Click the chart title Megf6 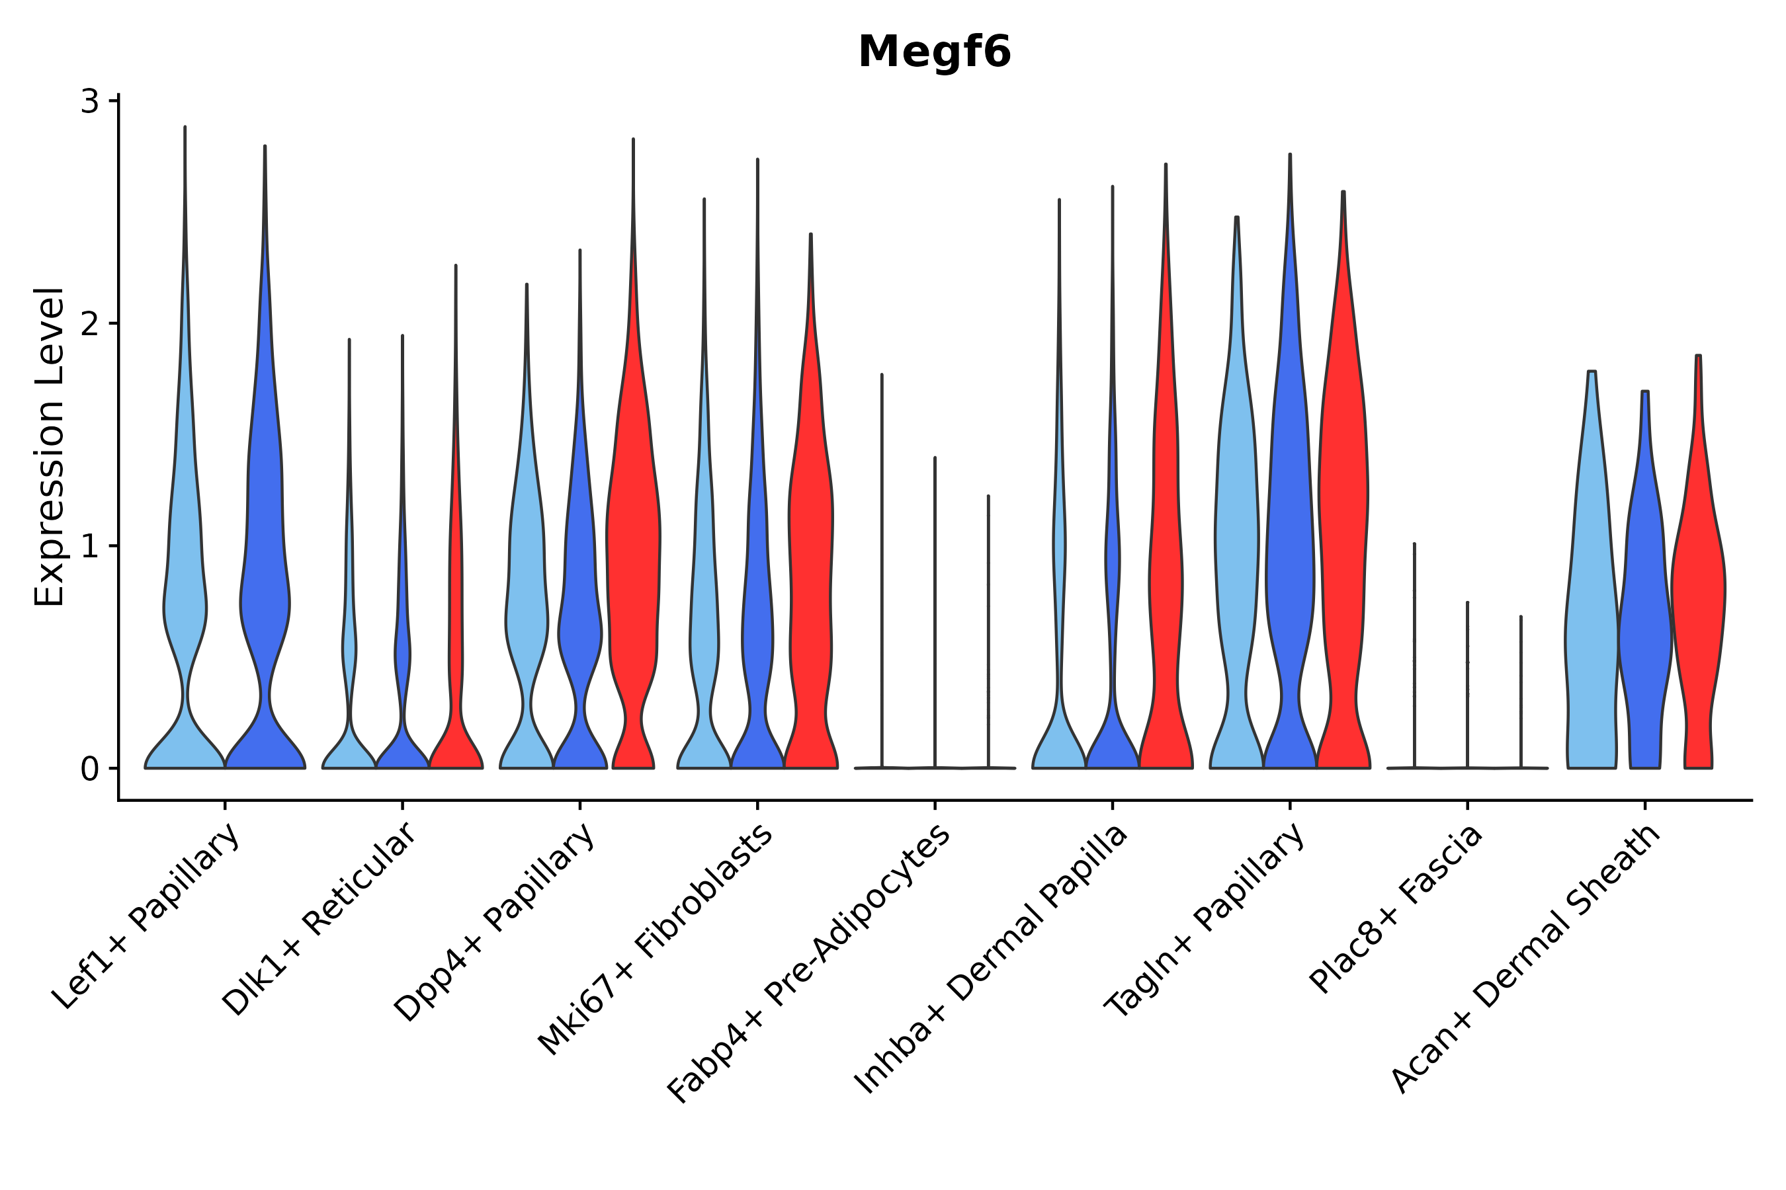pyautogui.click(x=934, y=52)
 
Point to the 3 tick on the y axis pyautogui.click(x=91, y=101)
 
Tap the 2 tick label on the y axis pyautogui.click(x=91, y=324)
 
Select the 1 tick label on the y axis pyautogui.click(x=91, y=547)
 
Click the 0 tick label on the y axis pyautogui.click(x=91, y=770)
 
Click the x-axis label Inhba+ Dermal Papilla pyautogui.click(x=992, y=959)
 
